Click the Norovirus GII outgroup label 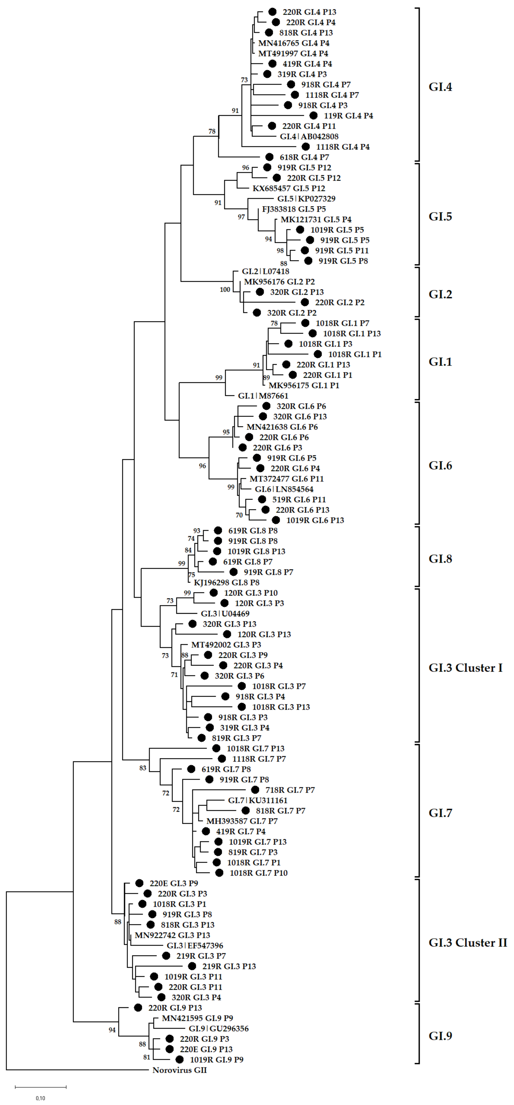click(x=179, y=1070)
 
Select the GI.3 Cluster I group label click(x=465, y=668)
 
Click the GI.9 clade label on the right click(x=440, y=1036)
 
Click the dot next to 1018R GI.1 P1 click(x=318, y=354)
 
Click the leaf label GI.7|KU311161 click(x=258, y=800)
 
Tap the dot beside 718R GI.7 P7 click(x=255, y=790)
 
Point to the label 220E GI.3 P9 click(x=174, y=883)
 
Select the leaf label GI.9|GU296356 click(x=219, y=1029)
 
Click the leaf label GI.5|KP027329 click(x=306, y=199)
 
